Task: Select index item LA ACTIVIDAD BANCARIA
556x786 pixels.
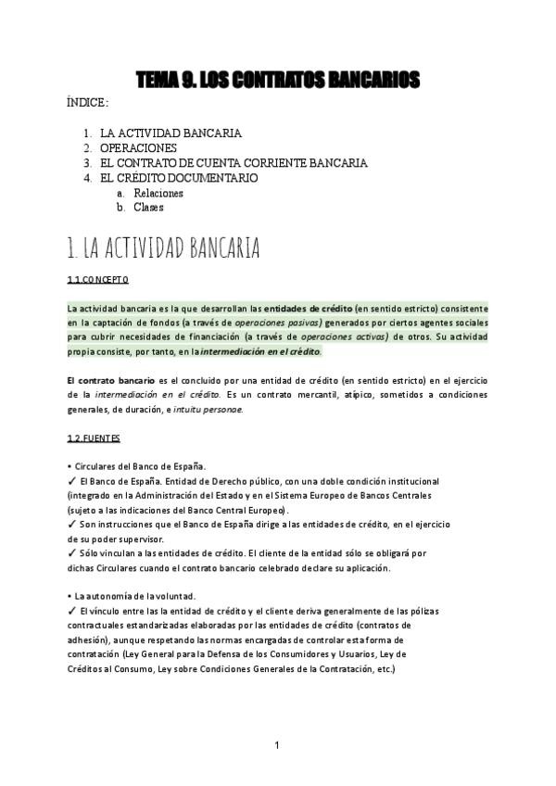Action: click(171, 133)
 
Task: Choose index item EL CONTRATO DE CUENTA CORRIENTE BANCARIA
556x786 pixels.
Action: click(234, 162)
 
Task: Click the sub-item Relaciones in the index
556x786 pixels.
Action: click(158, 193)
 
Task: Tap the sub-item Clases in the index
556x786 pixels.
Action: click(148, 208)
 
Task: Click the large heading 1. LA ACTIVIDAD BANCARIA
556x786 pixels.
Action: click(163, 248)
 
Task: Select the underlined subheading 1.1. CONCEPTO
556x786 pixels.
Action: click(97, 279)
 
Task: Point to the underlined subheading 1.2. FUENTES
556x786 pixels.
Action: click(94, 437)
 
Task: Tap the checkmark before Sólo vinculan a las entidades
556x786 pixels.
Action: click(72, 553)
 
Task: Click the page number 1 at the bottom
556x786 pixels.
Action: click(277, 744)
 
